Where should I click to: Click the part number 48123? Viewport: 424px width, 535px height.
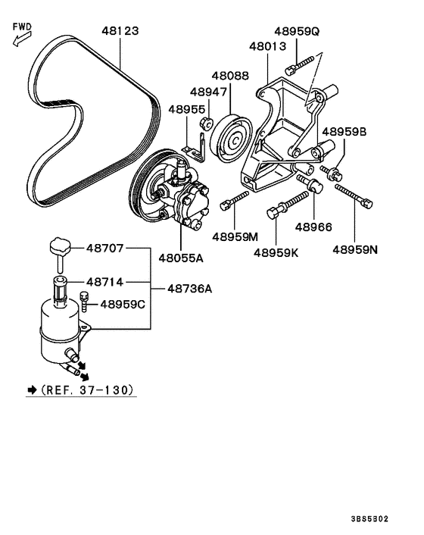coord(120,32)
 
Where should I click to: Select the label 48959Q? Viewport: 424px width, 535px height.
coord(297,32)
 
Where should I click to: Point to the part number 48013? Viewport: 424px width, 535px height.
coord(267,46)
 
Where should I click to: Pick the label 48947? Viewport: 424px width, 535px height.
coord(208,92)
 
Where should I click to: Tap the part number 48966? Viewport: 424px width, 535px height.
coord(314,227)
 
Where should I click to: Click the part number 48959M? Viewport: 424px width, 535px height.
coord(235,236)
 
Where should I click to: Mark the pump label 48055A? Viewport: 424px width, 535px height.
coord(181,258)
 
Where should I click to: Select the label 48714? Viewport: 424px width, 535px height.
coord(104,280)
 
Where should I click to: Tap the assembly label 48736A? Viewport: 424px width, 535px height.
coord(189,289)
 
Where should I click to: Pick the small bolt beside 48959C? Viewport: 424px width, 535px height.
coord(84,305)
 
